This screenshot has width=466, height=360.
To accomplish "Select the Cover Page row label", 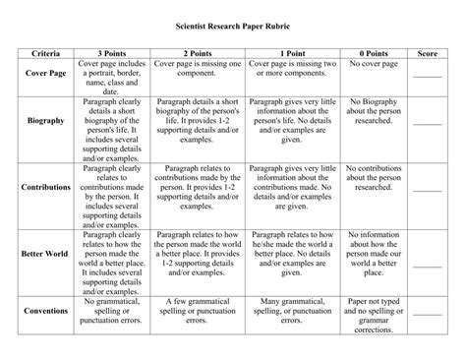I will pyautogui.click(x=45, y=73).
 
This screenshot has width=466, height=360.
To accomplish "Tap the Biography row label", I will pyautogui.click(x=45, y=119).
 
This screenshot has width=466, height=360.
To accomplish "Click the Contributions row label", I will pyautogui.click(x=45, y=186).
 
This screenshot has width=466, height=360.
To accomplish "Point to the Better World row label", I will pyautogui.click(x=45, y=253).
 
